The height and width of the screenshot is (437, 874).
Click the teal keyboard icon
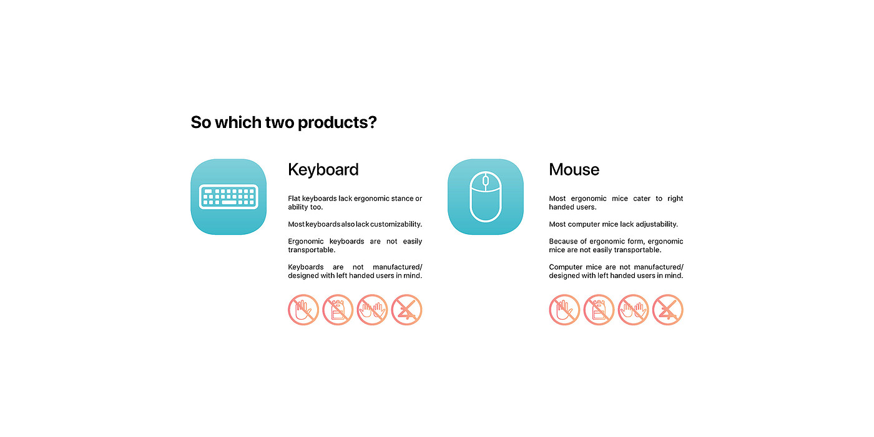pos(228,197)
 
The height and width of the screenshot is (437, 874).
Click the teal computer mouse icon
pos(486,197)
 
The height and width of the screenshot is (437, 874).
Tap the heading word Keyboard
pos(323,170)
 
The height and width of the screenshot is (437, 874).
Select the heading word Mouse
pos(574,170)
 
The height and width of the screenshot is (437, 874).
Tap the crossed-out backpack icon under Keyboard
pos(338,310)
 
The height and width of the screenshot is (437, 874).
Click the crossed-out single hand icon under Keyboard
pos(303,310)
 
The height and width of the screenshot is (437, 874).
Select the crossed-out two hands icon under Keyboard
pos(372,310)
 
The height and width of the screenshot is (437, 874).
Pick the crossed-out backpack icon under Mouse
pos(599,310)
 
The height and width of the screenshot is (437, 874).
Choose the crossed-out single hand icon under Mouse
pos(564,310)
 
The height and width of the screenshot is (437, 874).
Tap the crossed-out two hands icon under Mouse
pos(633,310)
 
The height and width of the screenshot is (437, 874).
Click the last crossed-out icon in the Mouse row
pos(667,310)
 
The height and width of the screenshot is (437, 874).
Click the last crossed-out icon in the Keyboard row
pos(406,310)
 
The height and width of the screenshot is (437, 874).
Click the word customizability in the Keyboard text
pos(396,224)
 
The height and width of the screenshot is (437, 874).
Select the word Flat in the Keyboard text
pos(294,199)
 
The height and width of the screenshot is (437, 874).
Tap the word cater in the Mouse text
pos(642,199)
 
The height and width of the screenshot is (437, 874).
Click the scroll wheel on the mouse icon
pos(486,180)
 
